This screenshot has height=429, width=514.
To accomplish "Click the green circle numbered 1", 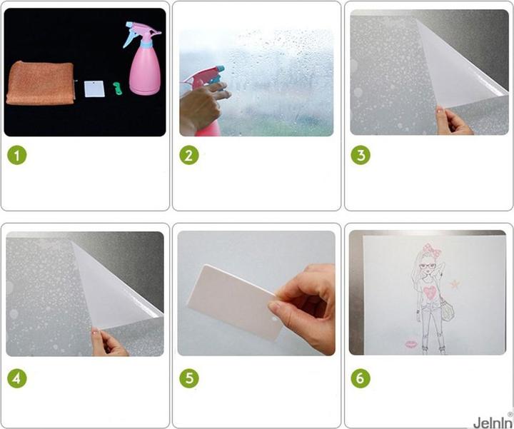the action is tap(17, 155).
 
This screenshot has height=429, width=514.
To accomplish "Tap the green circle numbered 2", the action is tap(189, 155).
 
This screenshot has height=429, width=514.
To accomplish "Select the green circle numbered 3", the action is tap(361, 155).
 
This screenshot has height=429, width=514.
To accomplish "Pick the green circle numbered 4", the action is tap(17, 378).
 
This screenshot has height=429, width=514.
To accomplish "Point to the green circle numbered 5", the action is tap(189, 378).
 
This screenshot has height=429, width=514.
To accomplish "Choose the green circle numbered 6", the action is tap(361, 378).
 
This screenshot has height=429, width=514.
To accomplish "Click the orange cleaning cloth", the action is tap(41, 84).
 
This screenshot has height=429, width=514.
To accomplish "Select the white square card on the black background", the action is tap(94, 89).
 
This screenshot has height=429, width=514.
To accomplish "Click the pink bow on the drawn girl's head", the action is tap(432, 248).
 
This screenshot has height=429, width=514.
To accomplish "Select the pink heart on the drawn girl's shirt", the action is tap(430, 292).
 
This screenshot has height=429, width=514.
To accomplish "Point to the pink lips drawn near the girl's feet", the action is tap(410, 344).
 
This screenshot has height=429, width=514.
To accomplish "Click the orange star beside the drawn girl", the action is tap(455, 284).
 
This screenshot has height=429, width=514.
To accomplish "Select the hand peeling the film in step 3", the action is tap(454, 121).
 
